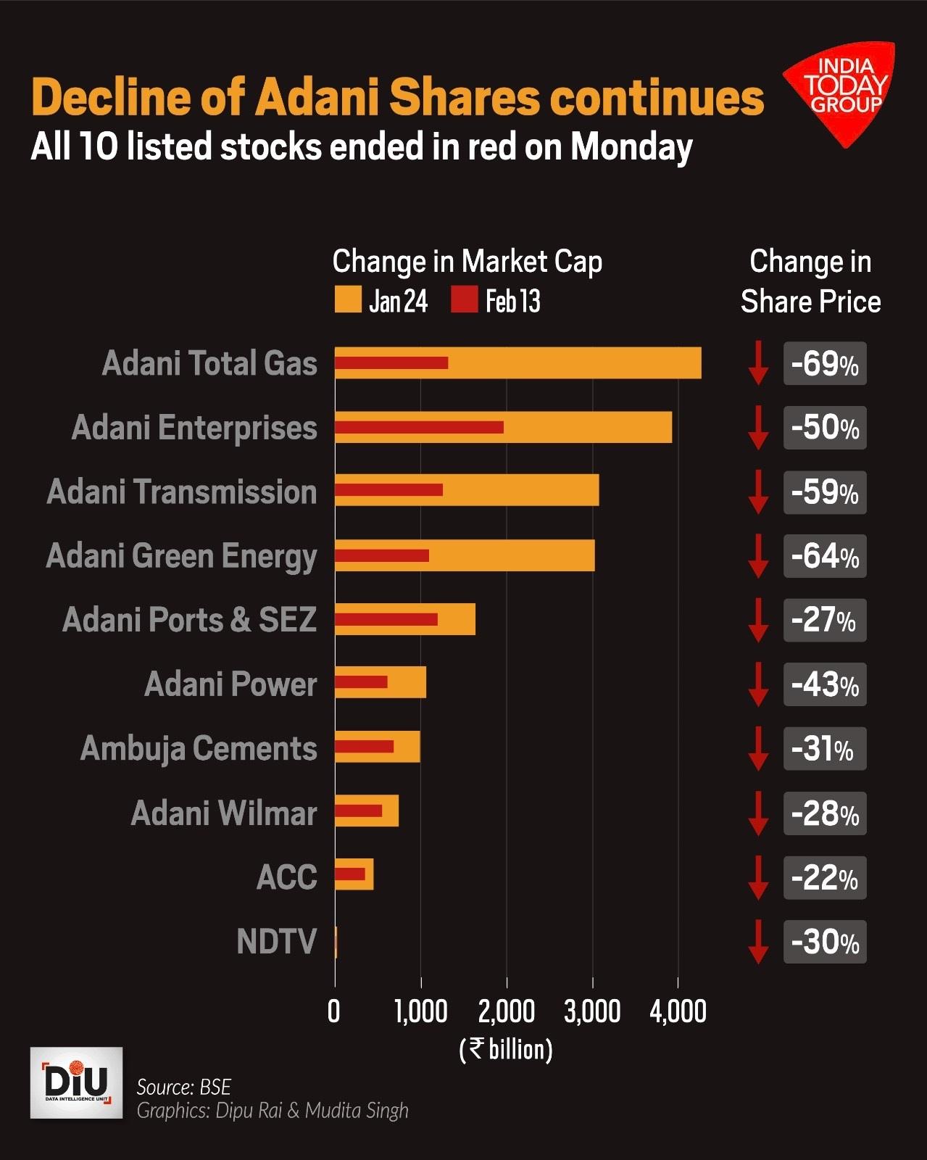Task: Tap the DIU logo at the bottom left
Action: tap(76, 1082)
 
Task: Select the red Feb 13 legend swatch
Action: tap(464, 300)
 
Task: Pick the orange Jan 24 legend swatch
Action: tap(348, 300)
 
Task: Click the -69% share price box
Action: tap(825, 364)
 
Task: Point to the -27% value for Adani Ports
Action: tap(825, 621)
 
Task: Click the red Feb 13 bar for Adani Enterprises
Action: tap(419, 427)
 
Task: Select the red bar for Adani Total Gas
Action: tap(391, 363)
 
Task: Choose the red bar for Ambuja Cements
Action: tap(365, 747)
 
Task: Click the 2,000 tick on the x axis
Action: tap(506, 1011)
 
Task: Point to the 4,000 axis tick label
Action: tap(678, 1011)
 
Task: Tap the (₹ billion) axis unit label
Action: tap(506, 1049)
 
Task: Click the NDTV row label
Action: tap(277, 942)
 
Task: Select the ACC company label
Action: tap(287, 878)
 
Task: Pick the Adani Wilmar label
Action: tap(224, 813)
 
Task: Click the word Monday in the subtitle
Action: tap(631, 147)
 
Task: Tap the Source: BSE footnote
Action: tap(184, 1087)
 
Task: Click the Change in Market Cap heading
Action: tap(467, 262)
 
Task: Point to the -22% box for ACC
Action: tap(825, 878)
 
